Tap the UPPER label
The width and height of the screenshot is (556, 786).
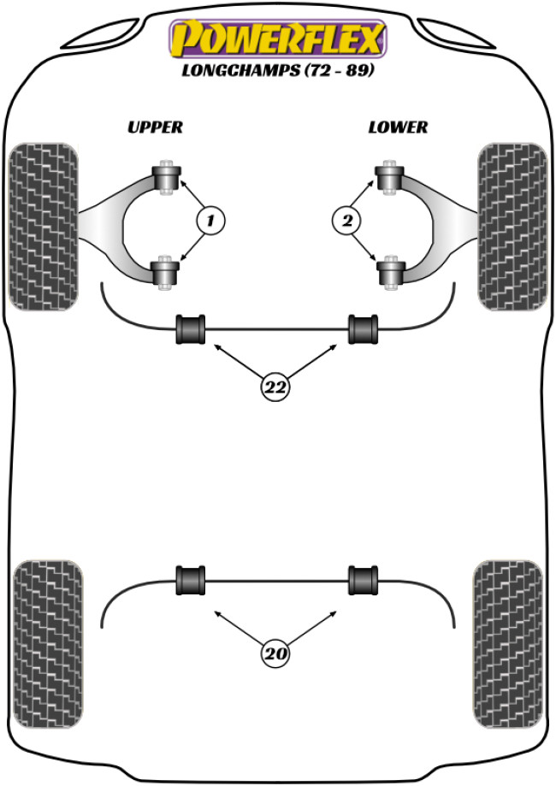155,127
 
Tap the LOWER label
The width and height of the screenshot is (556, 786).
398,127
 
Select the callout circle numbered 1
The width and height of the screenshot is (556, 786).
209,222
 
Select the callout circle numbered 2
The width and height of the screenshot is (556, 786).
346,222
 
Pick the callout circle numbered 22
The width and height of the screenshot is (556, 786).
275,387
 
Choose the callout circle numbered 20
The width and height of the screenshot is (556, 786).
275,654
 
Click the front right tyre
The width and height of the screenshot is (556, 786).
512,226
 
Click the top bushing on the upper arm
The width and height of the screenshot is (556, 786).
168,176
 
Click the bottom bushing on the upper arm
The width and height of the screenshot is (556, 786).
168,273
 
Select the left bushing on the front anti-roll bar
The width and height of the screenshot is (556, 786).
191,329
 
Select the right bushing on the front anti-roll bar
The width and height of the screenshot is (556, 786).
363,329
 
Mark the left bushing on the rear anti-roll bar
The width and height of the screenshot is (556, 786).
191,579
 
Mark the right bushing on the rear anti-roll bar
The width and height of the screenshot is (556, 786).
363,579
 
